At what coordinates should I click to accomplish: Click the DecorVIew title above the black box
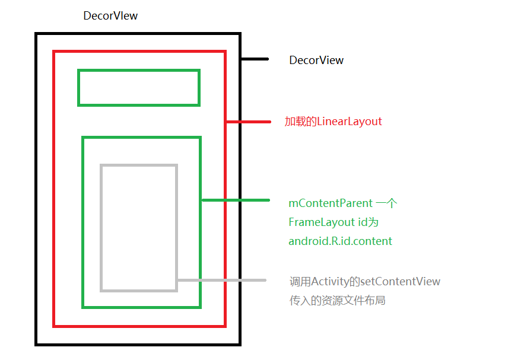tap(110, 15)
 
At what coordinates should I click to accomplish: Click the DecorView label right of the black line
tap(316, 60)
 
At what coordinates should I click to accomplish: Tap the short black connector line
tap(255, 59)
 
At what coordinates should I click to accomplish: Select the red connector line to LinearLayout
tap(249, 122)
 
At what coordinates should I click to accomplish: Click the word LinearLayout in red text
tap(349, 122)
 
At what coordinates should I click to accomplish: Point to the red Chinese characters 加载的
tap(300, 122)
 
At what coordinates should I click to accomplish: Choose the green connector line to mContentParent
tap(236, 200)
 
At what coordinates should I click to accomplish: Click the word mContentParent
tap(331, 203)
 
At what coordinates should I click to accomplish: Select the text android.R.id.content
tap(340, 241)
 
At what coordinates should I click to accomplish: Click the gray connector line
tap(222, 280)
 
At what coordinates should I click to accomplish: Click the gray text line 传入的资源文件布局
tap(337, 301)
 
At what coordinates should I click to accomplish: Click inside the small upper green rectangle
tap(139, 88)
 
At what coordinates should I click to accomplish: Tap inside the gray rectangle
tap(139, 228)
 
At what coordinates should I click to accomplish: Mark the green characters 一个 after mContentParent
tap(386, 203)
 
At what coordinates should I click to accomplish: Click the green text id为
tap(368, 222)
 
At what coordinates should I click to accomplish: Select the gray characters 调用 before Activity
tap(300, 282)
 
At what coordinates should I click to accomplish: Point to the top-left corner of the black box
tap(36, 33)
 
